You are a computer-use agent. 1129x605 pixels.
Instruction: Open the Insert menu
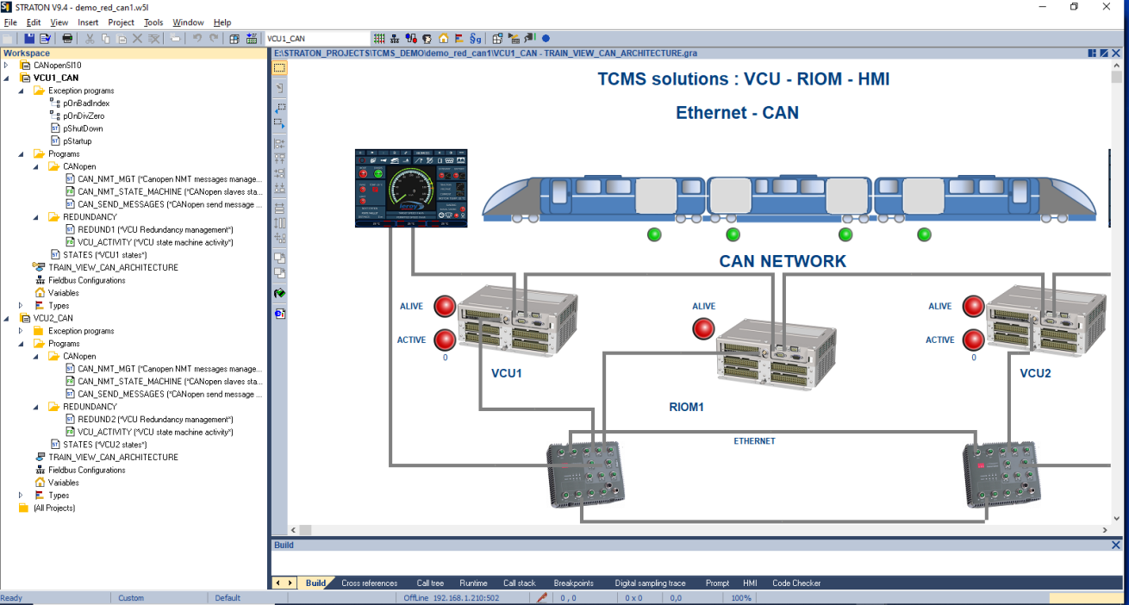pos(88,22)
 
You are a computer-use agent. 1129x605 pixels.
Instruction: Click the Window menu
pos(188,22)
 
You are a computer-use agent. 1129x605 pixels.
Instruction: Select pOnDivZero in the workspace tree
pos(84,115)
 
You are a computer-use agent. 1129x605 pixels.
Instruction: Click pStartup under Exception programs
pos(77,141)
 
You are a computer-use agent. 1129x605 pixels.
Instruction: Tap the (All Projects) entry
pos(53,508)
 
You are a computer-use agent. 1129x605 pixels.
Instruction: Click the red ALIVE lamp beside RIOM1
pos(704,328)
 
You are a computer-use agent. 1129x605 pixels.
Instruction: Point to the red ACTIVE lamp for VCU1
pos(445,340)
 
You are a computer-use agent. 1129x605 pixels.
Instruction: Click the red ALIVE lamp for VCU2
pos(974,306)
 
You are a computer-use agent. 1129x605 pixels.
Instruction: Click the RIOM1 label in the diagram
pos(687,406)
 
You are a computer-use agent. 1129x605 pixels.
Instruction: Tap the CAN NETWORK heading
pos(783,261)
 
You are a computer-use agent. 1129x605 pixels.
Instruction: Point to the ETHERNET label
pos(754,441)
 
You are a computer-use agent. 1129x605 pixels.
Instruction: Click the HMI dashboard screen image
pos(411,188)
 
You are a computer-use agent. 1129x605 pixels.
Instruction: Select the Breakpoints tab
pos(573,583)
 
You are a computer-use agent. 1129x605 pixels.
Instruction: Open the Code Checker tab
pos(796,583)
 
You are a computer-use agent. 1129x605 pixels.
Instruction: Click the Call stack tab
pos(520,583)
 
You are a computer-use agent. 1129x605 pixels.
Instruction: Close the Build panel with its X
pos(1116,545)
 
